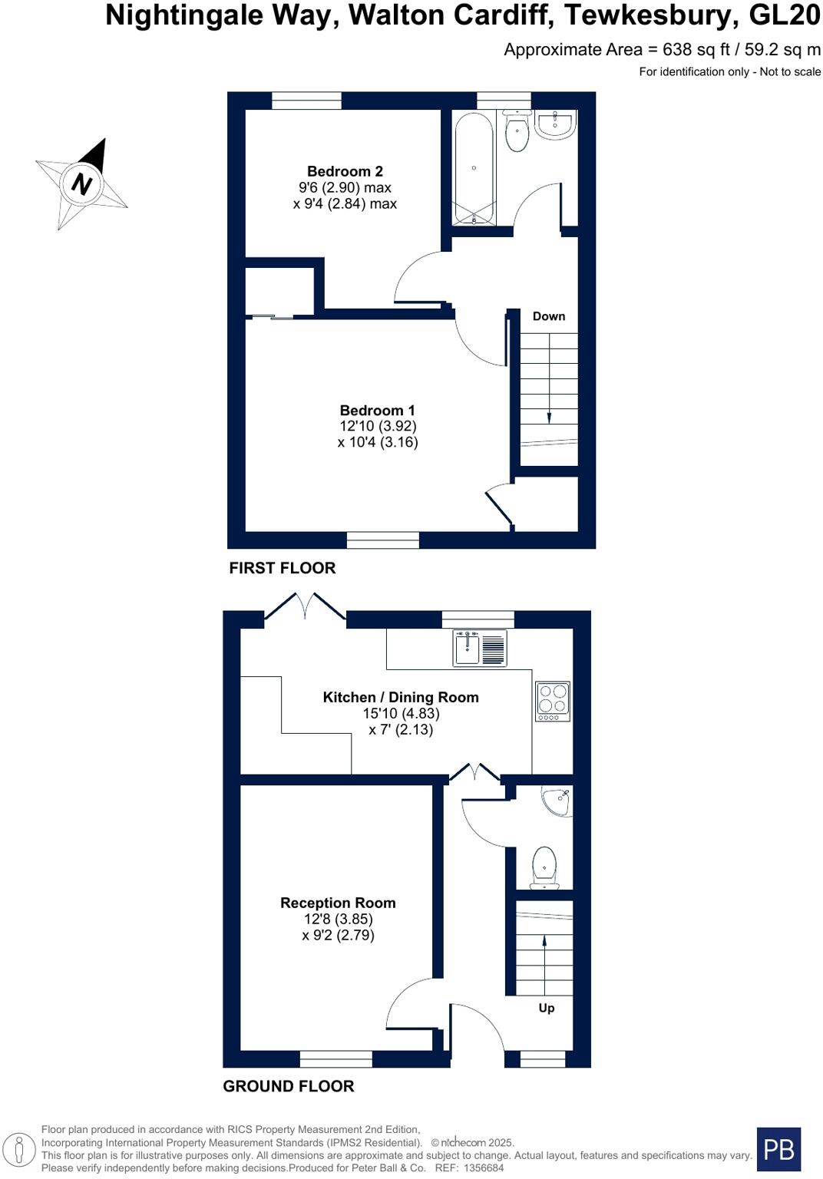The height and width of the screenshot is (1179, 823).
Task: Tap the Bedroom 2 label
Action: [345, 172]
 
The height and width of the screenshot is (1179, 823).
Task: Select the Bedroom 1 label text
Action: [377, 411]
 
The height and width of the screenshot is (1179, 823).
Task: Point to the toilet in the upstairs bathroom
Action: [517, 134]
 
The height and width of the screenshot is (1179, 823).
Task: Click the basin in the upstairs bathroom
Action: [555, 125]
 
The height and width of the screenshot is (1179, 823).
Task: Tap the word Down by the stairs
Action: [548, 316]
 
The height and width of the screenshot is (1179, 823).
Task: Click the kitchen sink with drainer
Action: [480, 648]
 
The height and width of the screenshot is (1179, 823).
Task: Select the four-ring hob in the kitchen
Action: [552, 701]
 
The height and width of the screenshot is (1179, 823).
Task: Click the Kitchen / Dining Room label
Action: [400, 697]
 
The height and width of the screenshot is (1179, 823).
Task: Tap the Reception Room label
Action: [338, 903]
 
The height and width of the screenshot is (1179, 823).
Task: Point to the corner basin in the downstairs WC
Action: [557, 801]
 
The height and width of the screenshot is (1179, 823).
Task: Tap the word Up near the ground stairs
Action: [546, 1008]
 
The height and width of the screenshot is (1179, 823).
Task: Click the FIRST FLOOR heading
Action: [282, 568]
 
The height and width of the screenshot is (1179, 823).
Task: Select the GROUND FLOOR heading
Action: [288, 1086]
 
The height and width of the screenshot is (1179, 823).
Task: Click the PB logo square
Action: [778, 1149]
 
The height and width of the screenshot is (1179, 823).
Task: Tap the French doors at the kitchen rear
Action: [305, 608]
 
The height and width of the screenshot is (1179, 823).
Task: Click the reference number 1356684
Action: [480, 1167]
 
